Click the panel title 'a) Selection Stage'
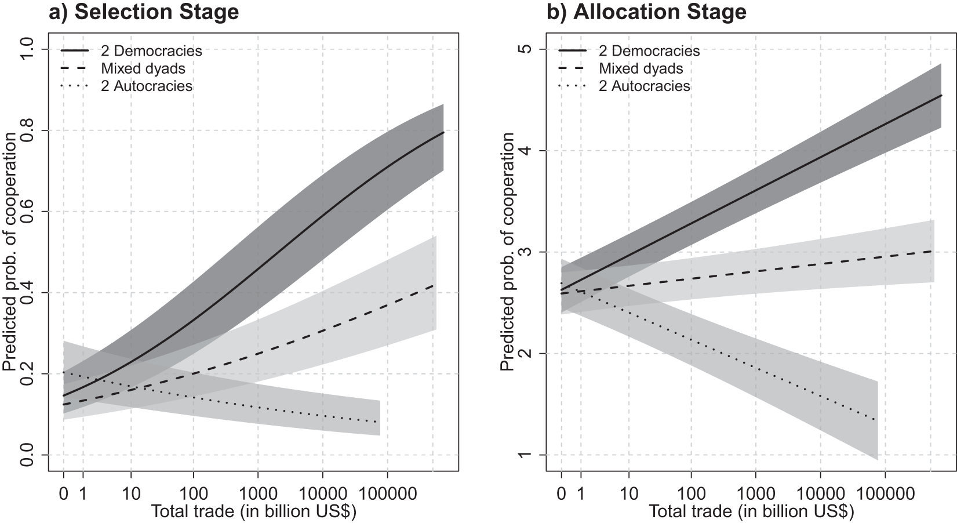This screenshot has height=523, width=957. [x=143, y=12]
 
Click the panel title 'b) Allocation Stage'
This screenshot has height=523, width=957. [x=647, y=12]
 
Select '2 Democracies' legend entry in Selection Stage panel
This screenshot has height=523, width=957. [x=151, y=51]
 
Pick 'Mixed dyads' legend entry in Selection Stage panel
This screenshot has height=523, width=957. [x=143, y=68]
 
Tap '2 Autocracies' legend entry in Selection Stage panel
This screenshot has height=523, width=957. [x=146, y=86]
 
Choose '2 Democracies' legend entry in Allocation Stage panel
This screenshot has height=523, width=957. [x=649, y=51]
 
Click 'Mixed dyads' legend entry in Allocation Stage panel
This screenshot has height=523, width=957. [x=641, y=68]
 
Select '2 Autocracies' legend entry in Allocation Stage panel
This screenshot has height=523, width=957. [x=644, y=86]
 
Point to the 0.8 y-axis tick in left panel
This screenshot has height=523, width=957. [x=27, y=130]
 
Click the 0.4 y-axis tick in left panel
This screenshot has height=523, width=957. [x=27, y=293]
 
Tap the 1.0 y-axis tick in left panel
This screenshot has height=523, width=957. [x=27, y=49]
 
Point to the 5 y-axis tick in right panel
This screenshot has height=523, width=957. [x=525, y=49]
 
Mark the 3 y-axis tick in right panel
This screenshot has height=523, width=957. [x=525, y=252]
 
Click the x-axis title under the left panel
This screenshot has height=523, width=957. [x=253, y=512]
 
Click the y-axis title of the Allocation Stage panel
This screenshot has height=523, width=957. [x=507, y=252]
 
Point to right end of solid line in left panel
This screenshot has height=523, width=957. [x=443, y=133]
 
